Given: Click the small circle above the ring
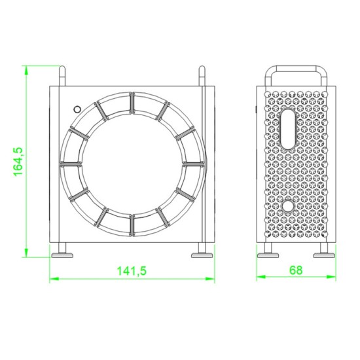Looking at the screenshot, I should (x=77, y=109).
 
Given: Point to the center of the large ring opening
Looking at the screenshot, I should (x=131, y=162).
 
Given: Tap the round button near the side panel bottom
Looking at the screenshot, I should (x=287, y=207).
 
